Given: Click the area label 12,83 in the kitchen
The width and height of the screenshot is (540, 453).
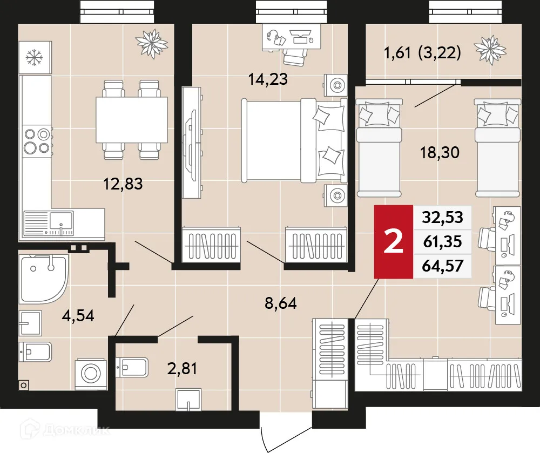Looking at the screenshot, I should [x=123, y=184].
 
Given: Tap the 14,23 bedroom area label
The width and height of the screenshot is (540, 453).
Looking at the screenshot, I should [x=268, y=79].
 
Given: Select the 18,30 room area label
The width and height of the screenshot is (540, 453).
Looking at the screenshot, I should [x=440, y=153].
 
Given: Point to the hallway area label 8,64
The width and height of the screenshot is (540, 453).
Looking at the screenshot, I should [x=280, y=303].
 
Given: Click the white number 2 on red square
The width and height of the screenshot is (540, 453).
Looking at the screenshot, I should [x=393, y=242].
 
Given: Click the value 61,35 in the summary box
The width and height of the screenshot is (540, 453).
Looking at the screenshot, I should [x=441, y=242].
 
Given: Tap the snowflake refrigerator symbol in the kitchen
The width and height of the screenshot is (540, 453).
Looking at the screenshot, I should [x=35, y=56].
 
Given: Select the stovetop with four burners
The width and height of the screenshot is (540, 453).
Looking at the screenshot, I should [x=36, y=140].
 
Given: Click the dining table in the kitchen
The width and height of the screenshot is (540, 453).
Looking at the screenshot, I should [x=131, y=120].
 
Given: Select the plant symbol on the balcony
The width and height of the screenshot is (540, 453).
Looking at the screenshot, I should [x=491, y=50].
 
